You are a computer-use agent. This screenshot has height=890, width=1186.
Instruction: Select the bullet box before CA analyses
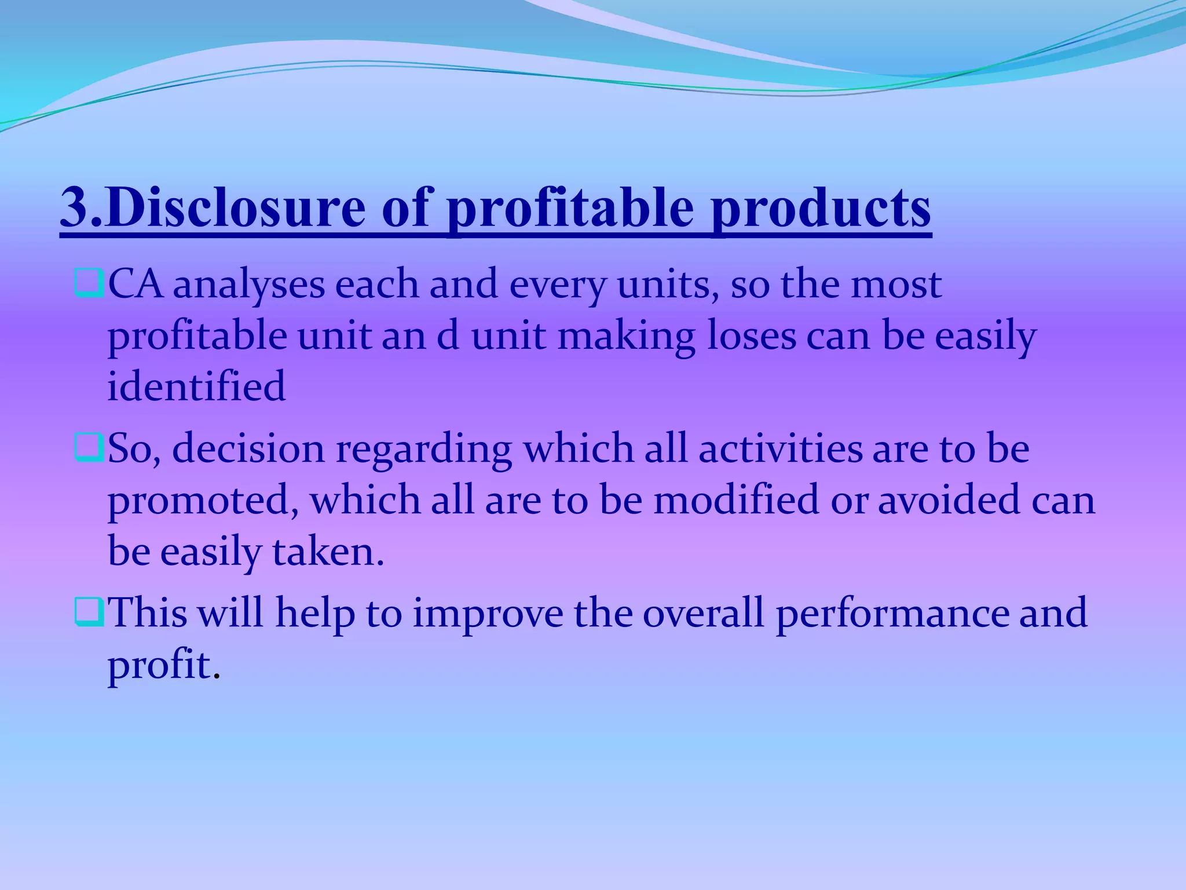pos(89,284)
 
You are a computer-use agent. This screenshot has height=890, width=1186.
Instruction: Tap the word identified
pos(196,386)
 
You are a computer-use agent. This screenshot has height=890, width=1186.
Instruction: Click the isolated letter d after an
pos(448,336)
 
